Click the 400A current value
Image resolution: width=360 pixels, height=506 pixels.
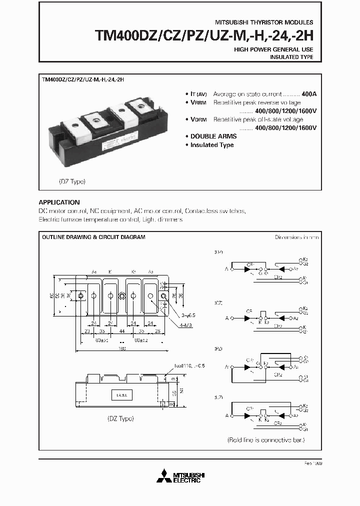[309, 94]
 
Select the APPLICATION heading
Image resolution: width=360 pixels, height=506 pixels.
[59, 202]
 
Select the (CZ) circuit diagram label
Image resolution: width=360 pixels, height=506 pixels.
[218, 303]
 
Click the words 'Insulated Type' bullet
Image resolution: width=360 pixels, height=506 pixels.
[212, 145]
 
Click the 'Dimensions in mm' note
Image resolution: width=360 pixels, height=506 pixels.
[297, 237]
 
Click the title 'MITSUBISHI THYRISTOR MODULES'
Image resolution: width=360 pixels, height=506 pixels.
[264, 23]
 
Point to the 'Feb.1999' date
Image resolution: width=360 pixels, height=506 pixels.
[311, 464]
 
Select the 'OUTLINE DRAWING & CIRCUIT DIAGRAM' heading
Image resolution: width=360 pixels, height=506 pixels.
[93, 237]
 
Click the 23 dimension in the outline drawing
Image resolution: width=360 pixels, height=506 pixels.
[86, 331]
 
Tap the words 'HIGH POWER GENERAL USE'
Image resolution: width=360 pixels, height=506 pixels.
[274, 49]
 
